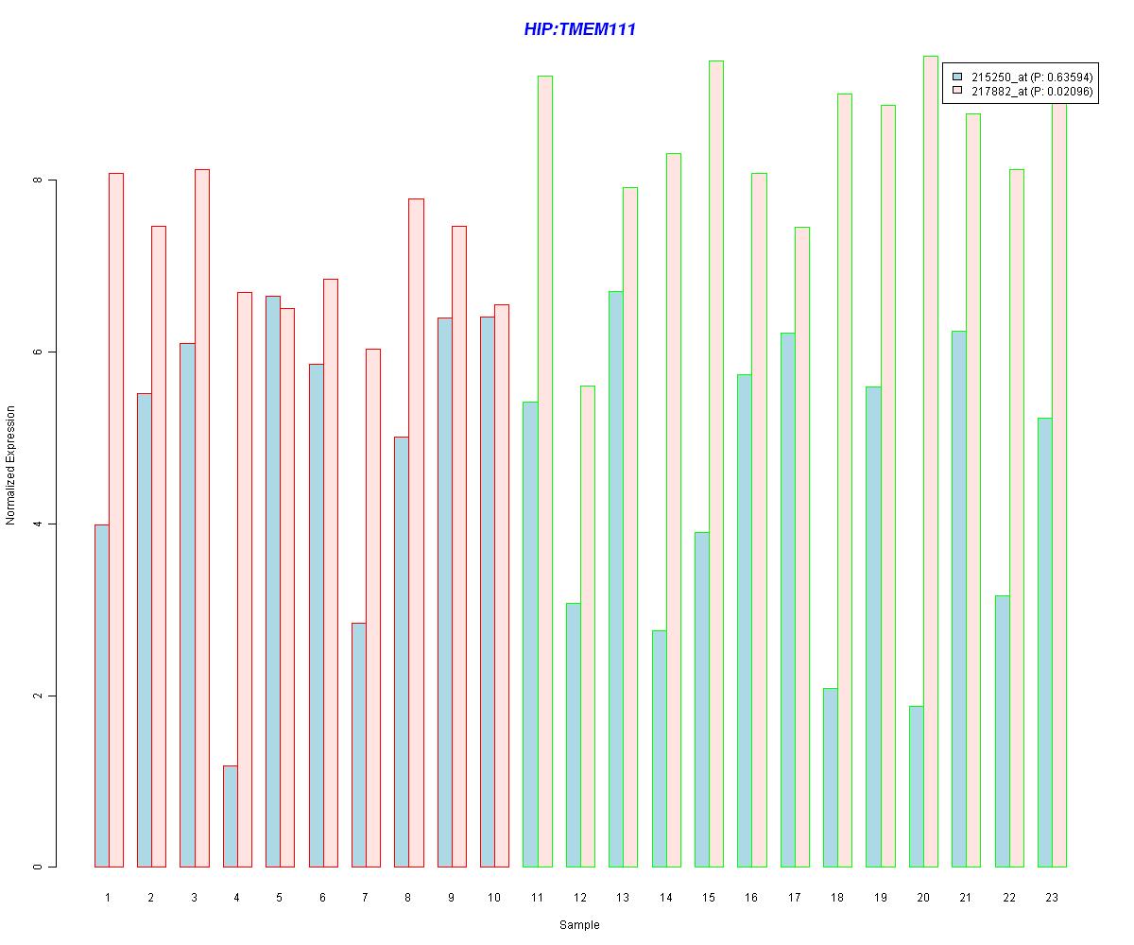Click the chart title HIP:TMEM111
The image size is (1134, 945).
click(579, 29)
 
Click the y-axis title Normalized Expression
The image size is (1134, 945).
click(11, 465)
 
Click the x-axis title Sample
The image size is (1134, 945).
click(579, 924)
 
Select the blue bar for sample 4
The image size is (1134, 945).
click(231, 816)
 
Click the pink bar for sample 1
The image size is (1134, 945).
click(116, 520)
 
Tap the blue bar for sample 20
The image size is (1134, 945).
click(917, 786)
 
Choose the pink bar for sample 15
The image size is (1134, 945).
click(716, 463)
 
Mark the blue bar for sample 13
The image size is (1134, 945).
click(616, 578)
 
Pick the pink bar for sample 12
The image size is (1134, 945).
click(588, 626)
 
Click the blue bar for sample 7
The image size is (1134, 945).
click(359, 745)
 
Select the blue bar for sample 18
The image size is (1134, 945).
click(831, 777)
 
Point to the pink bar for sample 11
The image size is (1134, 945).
click(545, 471)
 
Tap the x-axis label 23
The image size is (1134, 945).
click(1052, 897)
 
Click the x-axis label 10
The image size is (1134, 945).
click(494, 897)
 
